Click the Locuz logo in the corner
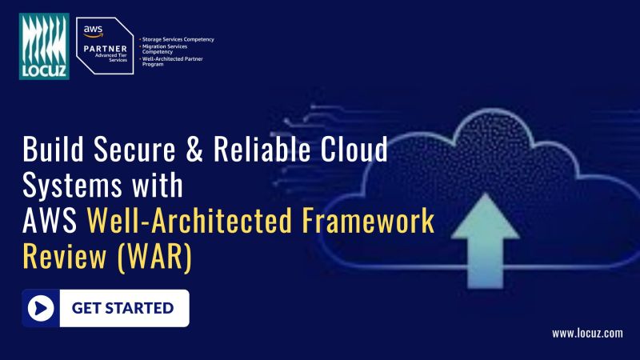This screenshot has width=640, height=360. pyautogui.click(x=45, y=46)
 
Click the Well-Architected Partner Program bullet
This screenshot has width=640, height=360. pyautogui.click(x=174, y=61)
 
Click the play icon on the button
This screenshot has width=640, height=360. pyautogui.click(x=41, y=308)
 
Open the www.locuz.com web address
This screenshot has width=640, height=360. pyautogui.click(x=586, y=333)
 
